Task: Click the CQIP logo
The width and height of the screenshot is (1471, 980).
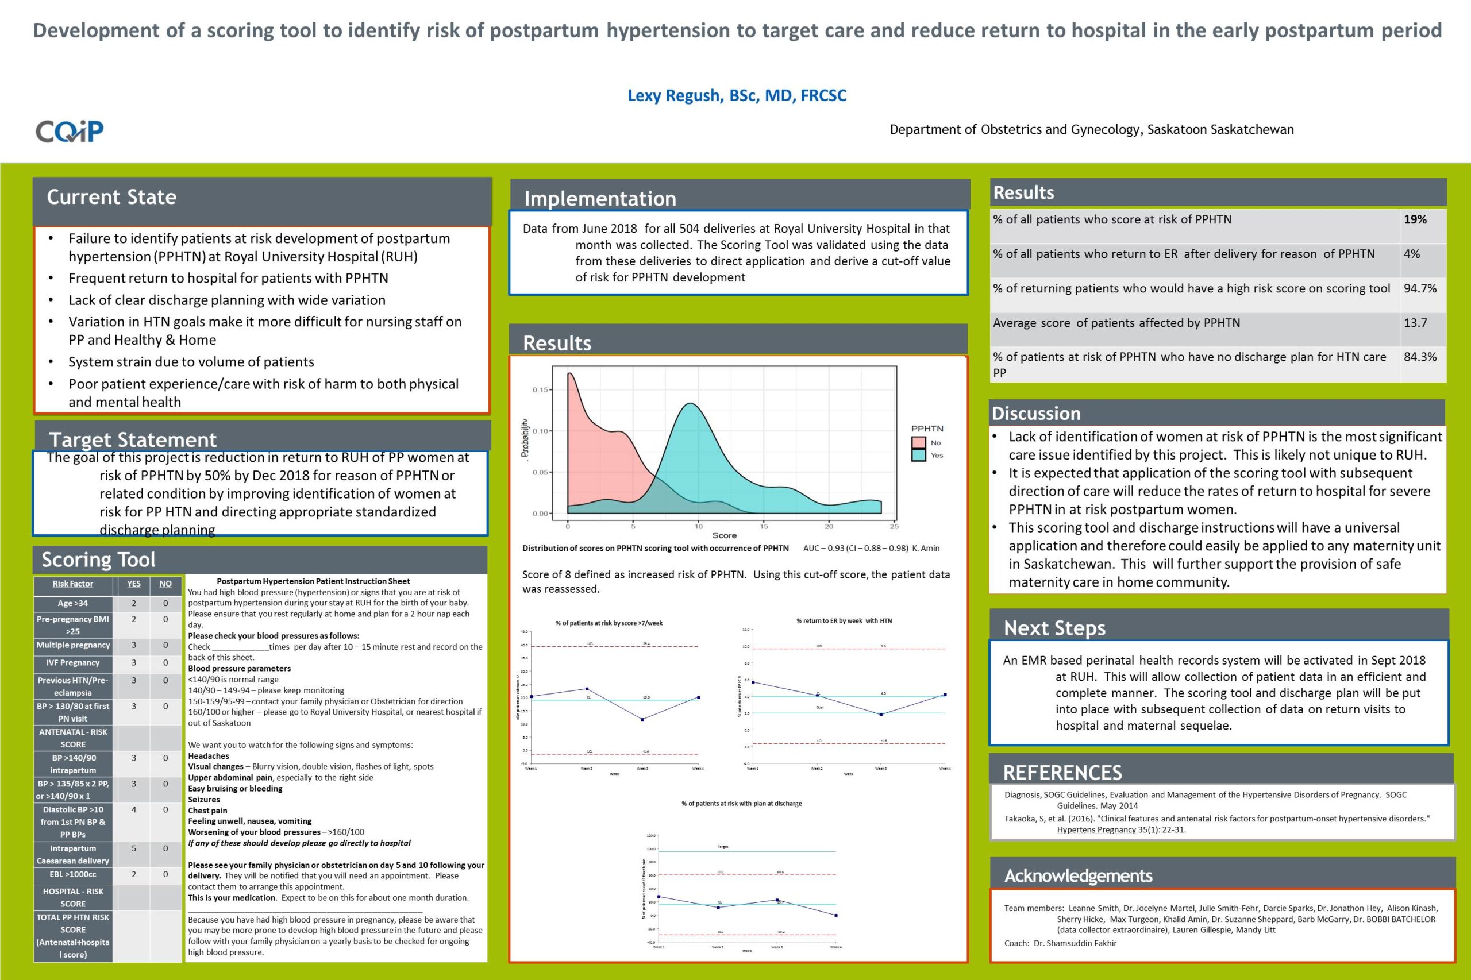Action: coord(70,131)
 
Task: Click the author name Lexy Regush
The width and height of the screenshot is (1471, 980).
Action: coord(737,95)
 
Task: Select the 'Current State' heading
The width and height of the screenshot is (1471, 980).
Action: coord(111,197)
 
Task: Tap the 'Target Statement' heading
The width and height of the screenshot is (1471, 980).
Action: coord(133,439)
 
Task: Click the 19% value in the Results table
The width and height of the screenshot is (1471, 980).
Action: coord(1415,219)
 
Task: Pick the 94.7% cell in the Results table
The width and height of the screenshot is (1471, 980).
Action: coord(1420,288)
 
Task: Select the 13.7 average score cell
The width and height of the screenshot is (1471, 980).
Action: coord(1415,322)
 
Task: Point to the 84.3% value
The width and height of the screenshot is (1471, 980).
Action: coord(1420,357)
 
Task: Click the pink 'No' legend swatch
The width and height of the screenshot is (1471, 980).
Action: coord(918,442)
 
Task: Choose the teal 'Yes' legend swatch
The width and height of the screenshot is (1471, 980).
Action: coord(918,455)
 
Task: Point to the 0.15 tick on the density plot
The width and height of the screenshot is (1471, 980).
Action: coord(540,390)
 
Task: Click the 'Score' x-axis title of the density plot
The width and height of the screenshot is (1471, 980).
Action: coord(724,535)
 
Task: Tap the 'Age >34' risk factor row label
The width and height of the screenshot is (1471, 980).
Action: coord(73,603)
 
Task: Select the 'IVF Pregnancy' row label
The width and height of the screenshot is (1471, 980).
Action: coord(73,662)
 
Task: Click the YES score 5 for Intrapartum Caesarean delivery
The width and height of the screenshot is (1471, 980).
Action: coord(133,848)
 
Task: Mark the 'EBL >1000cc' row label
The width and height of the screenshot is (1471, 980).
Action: coord(73,874)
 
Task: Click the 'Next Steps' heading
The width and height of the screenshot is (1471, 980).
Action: coord(1054,627)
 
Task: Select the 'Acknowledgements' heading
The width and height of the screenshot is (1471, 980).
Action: coord(1078,875)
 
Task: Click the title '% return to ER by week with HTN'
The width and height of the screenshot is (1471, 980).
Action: coord(844,620)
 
